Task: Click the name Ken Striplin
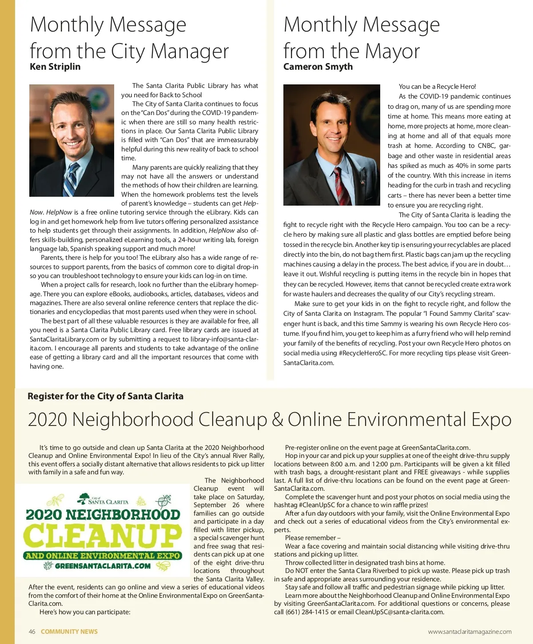pos(55,67)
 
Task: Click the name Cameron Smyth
pos(318,67)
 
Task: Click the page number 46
pos(32,632)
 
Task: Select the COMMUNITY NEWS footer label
pos(69,632)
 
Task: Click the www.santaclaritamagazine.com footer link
pos(469,632)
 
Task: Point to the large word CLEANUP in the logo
pos(103,536)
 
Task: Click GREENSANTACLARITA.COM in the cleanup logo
pos(103,566)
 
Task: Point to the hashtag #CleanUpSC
pos(318,505)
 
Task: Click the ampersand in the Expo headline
pos(278,420)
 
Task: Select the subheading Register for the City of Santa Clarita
pos(105,396)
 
